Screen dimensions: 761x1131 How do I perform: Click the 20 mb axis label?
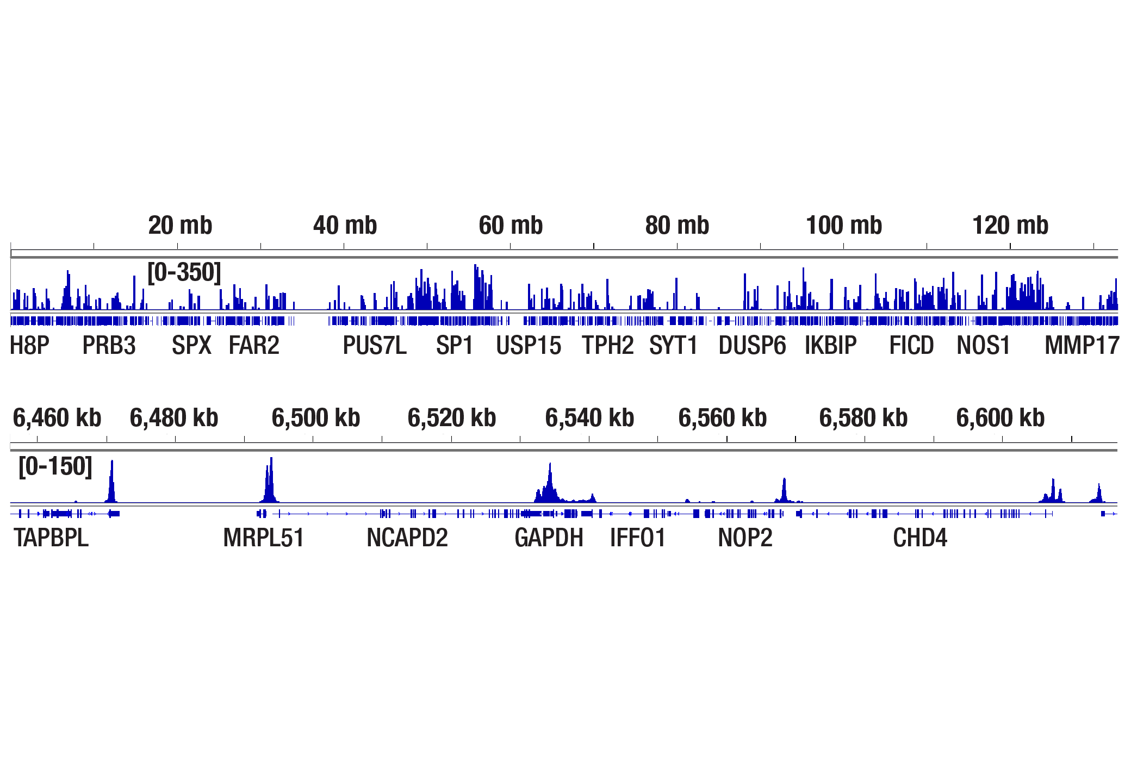[x=180, y=225]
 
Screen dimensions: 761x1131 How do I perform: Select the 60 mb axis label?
[x=511, y=225]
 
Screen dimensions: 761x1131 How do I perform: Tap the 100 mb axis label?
[x=843, y=225]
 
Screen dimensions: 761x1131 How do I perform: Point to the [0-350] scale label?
[x=184, y=272]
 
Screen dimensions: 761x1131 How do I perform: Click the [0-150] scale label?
[x=55, y=466]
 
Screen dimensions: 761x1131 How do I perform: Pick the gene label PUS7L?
[x=375, y=345]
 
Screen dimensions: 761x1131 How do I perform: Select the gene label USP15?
[x=529, y=345]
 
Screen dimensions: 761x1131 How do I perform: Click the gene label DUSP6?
[x=752, y=345]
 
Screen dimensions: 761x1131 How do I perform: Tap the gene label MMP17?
[x=1082, y=345]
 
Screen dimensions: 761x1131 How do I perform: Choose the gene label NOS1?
[x=983, y=345]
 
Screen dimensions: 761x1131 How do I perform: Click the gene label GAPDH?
[x=549, y=538]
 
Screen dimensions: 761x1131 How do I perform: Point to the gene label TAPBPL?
[x=51, y=538]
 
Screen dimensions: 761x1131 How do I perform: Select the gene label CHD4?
[x=920, y=538]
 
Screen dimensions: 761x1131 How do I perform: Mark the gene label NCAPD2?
[x=407, y=538]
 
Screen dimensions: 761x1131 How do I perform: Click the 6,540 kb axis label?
[x=589, y=417]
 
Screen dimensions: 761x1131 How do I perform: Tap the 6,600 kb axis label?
[x=1000, y=417]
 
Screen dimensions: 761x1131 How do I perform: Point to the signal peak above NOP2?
[x=784, y=489]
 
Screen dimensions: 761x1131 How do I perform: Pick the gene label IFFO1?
[x=638, y=538]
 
